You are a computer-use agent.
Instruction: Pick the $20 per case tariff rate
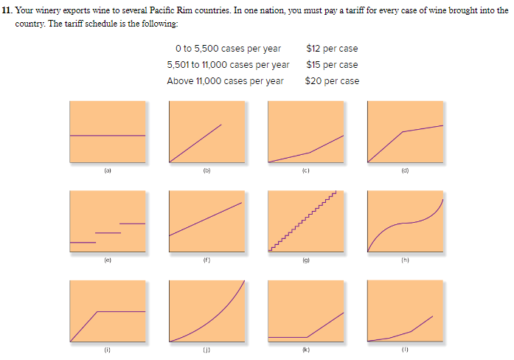point(332,81)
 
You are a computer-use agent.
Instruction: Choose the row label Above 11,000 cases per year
point(225,81)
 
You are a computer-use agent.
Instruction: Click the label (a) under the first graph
point(107,171)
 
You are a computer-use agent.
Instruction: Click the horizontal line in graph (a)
point(107,136)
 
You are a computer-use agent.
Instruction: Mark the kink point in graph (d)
point(402,132)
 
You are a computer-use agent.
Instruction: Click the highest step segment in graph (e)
point(132,223)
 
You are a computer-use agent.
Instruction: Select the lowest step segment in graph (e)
point(83,243)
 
